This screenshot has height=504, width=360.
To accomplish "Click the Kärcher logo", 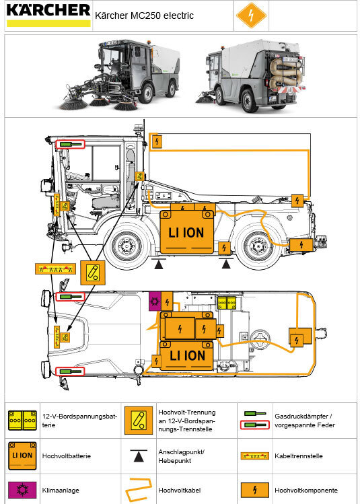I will pyautogui.click(x=47, y=14).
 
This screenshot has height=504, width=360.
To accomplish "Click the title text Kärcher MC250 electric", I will pyautogui.click(x=144, y=15).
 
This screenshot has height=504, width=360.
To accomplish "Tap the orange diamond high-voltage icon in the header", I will pyautogui.click(x=250, y=15).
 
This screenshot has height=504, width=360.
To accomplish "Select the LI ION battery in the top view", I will pyautogui.click(x=186, y=355).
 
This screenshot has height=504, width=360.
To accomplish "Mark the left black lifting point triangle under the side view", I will pyautogui.click(x=159, y=265).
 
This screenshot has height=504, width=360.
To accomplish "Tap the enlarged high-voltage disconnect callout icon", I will pyautogui.click(x=93, y=273).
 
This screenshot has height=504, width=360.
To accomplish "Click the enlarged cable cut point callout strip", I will pyautogui.click(x=53, y=268).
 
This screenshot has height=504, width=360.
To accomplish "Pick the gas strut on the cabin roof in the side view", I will pyautogui.click(x=70, y=145).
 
